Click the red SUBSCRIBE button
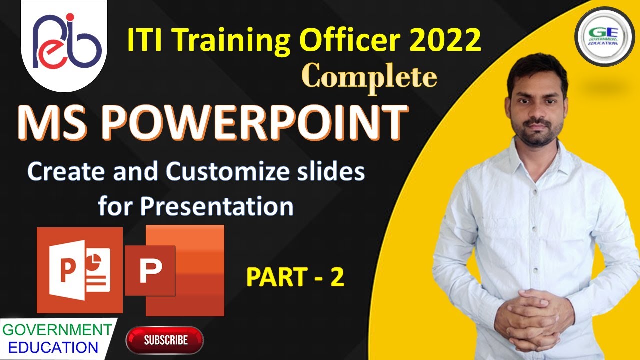coord(165,340)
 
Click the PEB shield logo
coord(64,46)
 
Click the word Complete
coord(370,78)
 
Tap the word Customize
coord(226,172)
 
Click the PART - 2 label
coord(295,278)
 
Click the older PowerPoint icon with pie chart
coord(80,270)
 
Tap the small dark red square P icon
coord(150,270)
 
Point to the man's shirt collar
coord(535,150)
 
